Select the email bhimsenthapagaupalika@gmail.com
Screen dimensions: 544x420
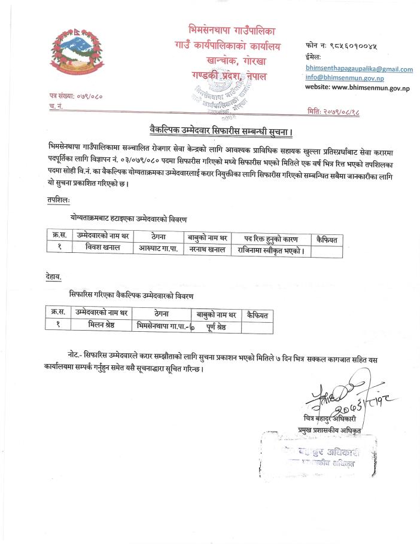[x=358, y=69]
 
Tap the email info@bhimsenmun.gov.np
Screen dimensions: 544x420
[x=345, y=78]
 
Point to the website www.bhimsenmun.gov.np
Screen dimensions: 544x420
[x=357, y=87]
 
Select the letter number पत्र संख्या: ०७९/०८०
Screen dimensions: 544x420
[x=75, y=96]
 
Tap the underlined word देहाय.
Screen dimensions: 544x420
[x=57, y=276]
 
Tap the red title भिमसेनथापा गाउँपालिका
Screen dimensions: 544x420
[x=231, y=29]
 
